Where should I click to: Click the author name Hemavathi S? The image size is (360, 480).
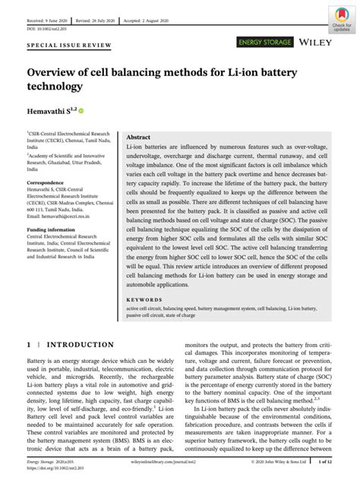[45, 112]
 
